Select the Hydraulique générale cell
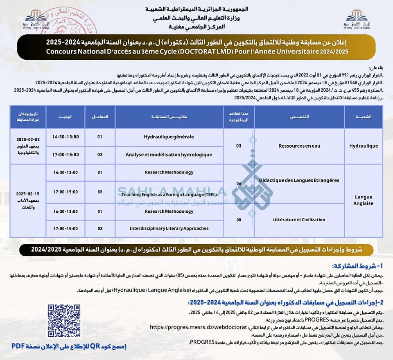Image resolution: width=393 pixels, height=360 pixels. pyautogui.click(x=169, y=137)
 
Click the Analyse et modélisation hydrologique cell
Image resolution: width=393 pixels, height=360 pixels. pyautogui.click(x=169, y=155)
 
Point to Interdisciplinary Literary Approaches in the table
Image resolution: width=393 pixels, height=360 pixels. pyautogui.click(x=169, y=228)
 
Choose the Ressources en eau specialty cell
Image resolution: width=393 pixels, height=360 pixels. pyautogui.click(x=299, y=146)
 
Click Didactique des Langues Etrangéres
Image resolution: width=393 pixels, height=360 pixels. pyautogui.click(x=299, y=180)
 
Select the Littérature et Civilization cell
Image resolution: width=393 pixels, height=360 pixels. pyautogui.click(x=299, y=220)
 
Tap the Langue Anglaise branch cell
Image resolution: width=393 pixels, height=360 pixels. pyautogui.click(x=364, y=200)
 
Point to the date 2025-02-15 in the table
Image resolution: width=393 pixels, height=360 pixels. pyautogui.click(x=28, y=193)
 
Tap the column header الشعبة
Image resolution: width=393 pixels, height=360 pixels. pyautogui.click(x=364, y=117)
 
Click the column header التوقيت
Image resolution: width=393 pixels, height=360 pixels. pyautogui.click(x=65, y=117)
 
